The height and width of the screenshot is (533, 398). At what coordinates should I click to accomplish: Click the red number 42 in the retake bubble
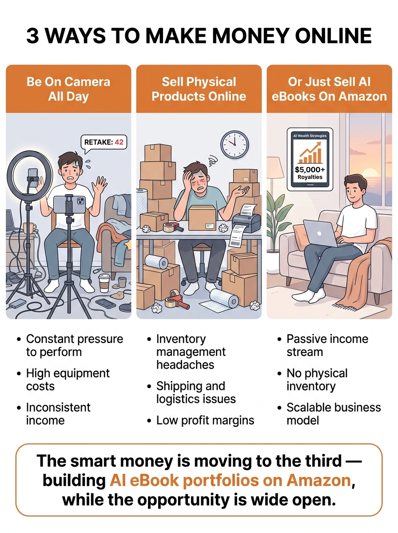(119, 142)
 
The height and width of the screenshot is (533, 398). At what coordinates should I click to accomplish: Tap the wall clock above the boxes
(235, 145)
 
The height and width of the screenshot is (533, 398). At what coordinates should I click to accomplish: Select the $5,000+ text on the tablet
(310, 170)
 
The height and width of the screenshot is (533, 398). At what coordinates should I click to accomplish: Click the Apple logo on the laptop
(319, 234)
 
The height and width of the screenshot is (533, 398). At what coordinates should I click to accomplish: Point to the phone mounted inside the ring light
(33, 178)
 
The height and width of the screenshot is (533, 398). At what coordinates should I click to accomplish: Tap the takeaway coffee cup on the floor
(104, 283)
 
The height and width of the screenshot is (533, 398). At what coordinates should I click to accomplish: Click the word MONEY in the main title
(251, 36)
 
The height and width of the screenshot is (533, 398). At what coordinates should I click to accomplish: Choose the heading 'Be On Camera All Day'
(68, 89)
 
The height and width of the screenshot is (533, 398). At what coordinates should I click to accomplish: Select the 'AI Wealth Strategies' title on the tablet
(310, 136)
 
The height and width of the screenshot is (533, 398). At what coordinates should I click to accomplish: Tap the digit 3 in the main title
(33, 36)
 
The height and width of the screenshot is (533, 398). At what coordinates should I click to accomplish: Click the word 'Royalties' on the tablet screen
(310, 177)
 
